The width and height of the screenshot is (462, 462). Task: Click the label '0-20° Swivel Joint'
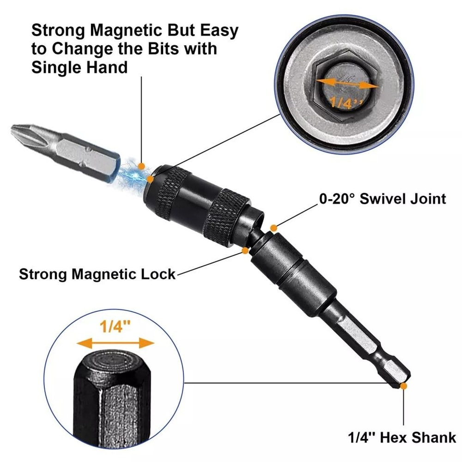(383, 199)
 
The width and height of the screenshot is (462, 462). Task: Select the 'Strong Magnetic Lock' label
(97, 274)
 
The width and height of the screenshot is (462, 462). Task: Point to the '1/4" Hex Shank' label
(401, 437)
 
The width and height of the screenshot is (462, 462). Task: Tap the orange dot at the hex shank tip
(404, 385)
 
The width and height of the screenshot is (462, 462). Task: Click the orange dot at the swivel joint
(274, 228)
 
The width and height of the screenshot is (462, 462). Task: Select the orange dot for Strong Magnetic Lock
(245, 251)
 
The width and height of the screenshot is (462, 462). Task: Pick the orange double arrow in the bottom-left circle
(115, 343)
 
